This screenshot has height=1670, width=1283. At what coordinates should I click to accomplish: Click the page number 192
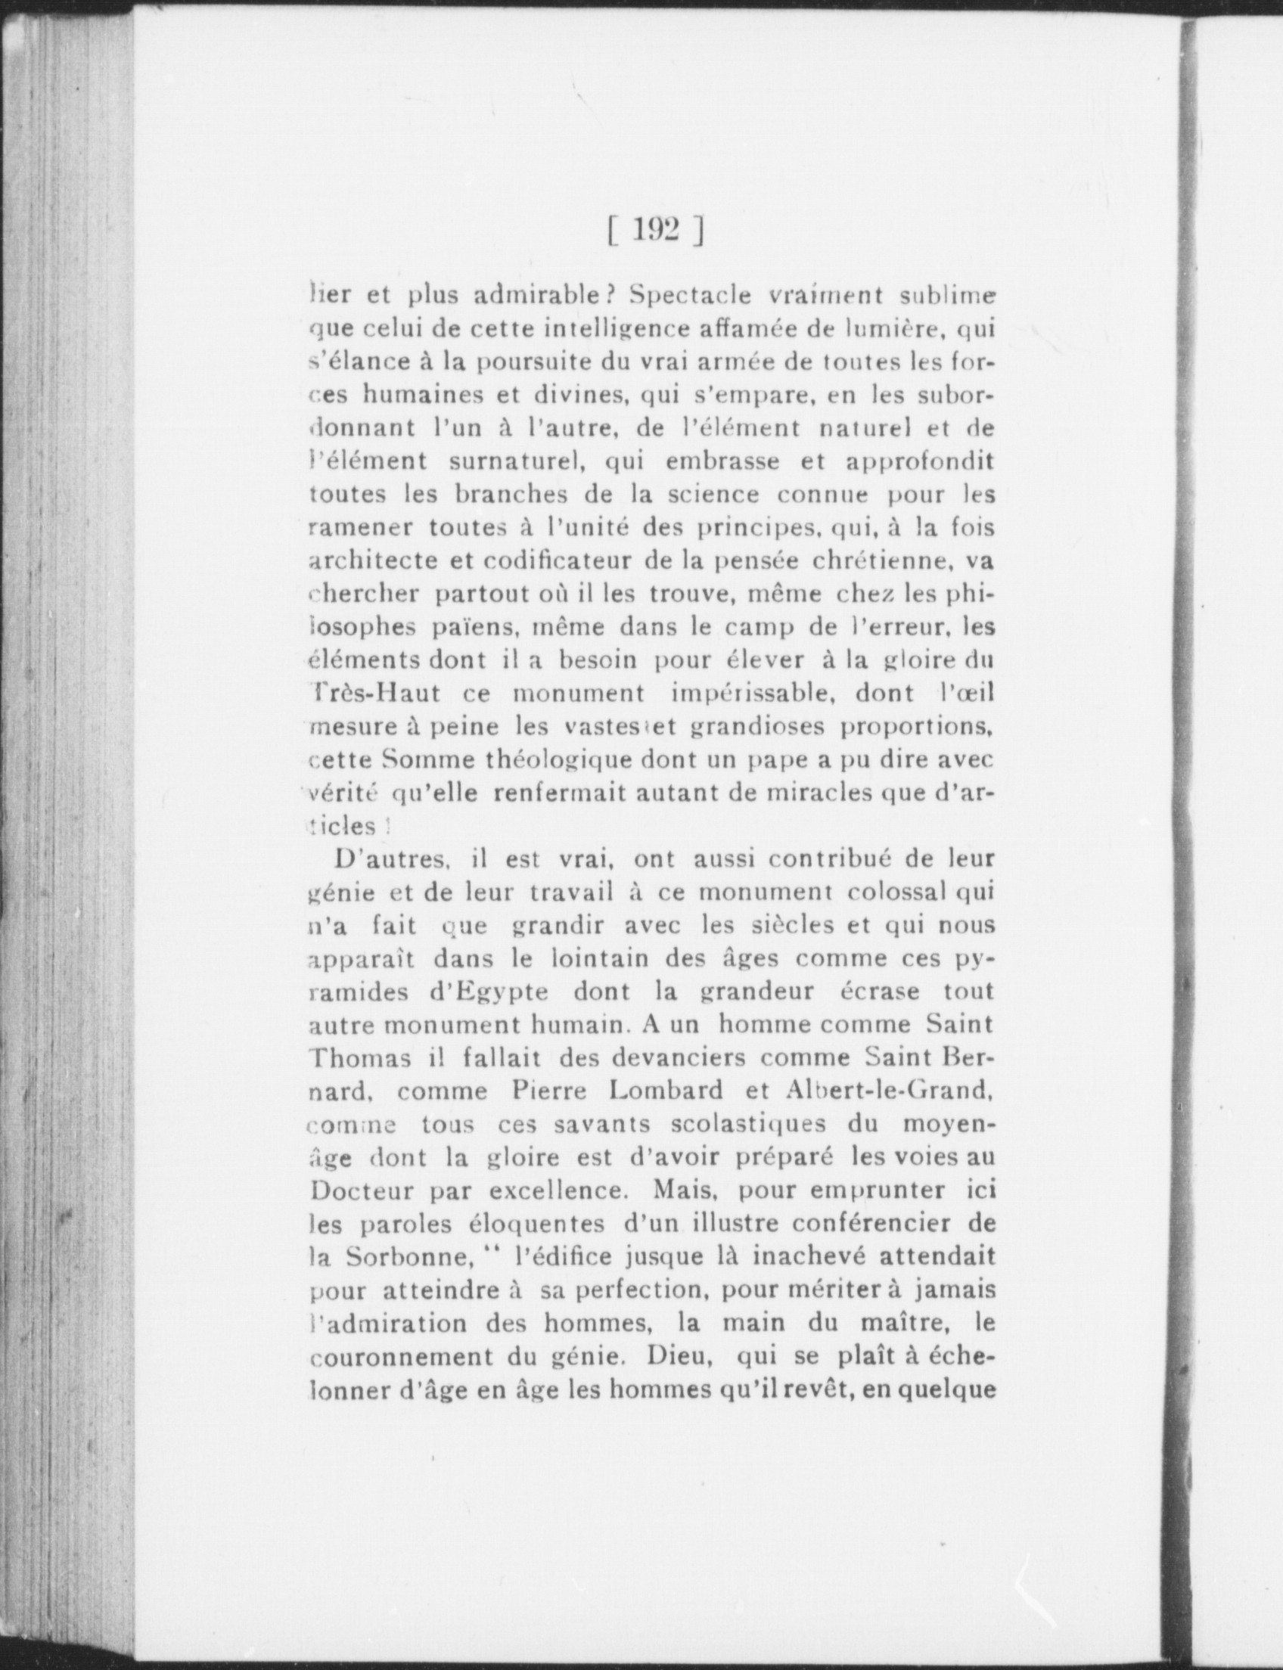(656, 230)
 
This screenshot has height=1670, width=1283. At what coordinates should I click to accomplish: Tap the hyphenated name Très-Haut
(375, 694)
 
